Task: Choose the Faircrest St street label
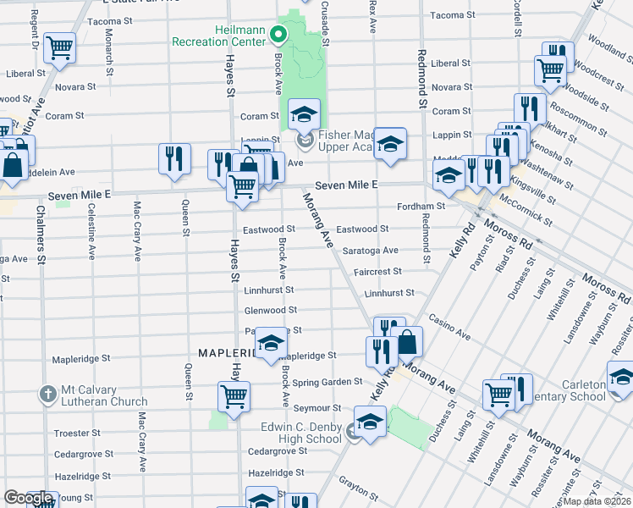point(377,272)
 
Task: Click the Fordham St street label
point(421,206)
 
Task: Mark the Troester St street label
point(77,433)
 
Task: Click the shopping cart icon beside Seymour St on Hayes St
point(234,395)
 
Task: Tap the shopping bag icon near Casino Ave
point(407,341)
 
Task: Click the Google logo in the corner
point(28,498)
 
